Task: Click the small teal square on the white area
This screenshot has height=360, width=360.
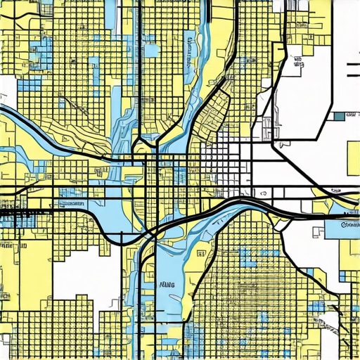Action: [x=340, y=116]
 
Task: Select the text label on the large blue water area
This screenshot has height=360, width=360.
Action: [x=167, y=286]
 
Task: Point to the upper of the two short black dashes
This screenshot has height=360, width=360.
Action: [x=353, y=63]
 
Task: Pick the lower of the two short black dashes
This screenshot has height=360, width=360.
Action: [x=353, y=72]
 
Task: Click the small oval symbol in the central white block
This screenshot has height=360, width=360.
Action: [x=262, y=192]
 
